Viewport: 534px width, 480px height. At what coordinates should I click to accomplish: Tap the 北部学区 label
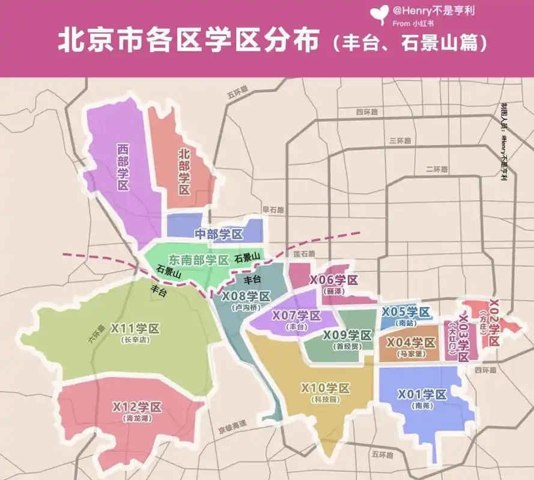pyautogui.click(x=184, y=172)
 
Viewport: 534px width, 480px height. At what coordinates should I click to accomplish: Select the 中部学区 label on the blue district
pyautogui.click(x=219, y=234)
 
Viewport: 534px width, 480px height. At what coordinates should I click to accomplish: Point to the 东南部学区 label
pyautogui.click(x=199, y=260)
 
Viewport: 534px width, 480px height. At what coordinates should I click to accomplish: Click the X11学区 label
pyautogui.click(x=135, y=329)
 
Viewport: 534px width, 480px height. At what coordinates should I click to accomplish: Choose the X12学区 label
pyautogui.click(x=137, y=407)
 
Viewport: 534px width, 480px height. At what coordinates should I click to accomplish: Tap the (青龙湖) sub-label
pyautogui.click(x=137, y=419)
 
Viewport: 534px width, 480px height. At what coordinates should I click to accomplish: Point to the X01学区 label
pyautogui.click(x=423, y=394)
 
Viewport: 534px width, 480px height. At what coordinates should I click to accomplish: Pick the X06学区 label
pyautogui.click(x=333, y=280)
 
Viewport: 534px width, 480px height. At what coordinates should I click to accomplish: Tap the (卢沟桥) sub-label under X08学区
pyautogui.click(x=246, y=307)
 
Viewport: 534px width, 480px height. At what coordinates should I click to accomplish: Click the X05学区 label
pyautogui.click(x=406, y=311)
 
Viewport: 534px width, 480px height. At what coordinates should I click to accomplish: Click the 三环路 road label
pyautogui.click(x=401, y=140)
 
